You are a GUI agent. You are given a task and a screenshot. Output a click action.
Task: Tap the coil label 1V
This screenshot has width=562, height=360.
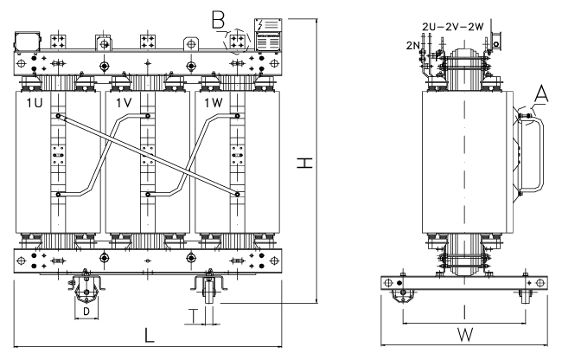pos(122,104)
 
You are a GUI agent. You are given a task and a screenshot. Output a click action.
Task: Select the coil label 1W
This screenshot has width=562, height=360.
pos(212,104)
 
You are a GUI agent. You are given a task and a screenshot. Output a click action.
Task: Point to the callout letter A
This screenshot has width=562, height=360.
pos(543,93)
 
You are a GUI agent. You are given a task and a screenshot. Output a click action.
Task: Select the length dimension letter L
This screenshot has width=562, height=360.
pos(149,333)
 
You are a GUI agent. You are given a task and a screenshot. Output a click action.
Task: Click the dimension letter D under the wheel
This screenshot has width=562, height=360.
pos(86,309)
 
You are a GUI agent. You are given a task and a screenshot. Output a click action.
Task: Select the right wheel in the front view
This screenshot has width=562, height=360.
pos(206,286)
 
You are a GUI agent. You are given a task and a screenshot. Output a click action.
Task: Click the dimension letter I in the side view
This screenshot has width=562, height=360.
pos(463,310)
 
